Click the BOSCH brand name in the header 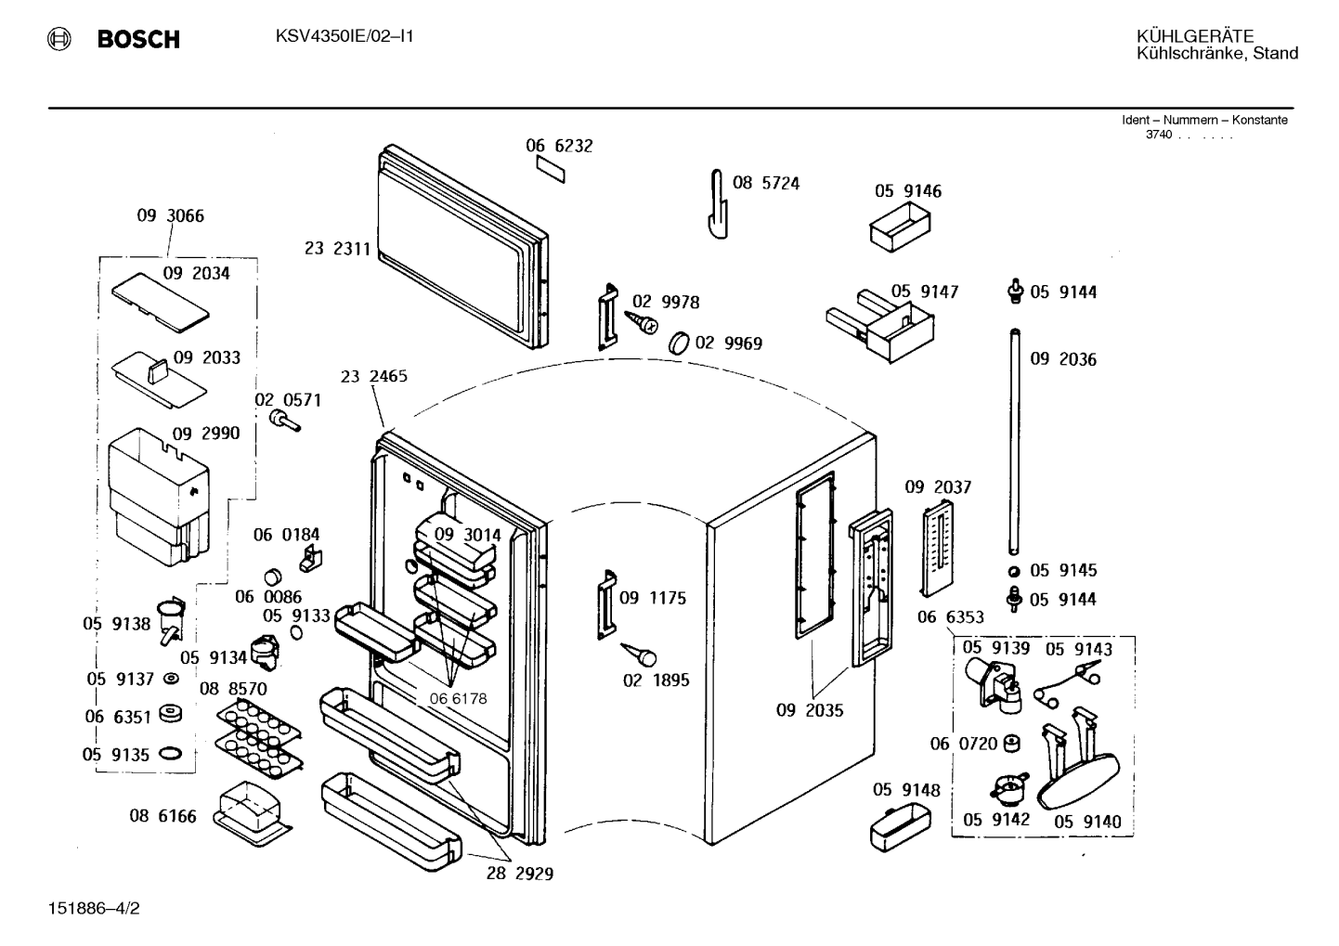pos(138,39)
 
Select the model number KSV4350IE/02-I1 pos(344,36)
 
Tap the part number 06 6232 pos(559,146)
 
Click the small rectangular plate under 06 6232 pos(551,170)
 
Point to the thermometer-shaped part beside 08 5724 pos(717,204)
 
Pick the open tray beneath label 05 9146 pos(900,227)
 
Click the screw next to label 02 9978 pos(642,321)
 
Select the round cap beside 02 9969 pos(679,343)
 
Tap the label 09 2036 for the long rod pos(1063,359)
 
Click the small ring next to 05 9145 pos(1014,571)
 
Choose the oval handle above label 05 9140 pos(1078,780)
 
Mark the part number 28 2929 pos(519,874)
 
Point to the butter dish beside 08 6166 pos(253,813)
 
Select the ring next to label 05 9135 pos(170,754)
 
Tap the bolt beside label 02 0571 pos(284,421)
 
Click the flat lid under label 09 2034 pos(161,303)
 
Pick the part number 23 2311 pos(338,249)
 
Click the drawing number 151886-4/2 pos(94,909)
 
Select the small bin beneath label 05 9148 pos(900,827)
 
